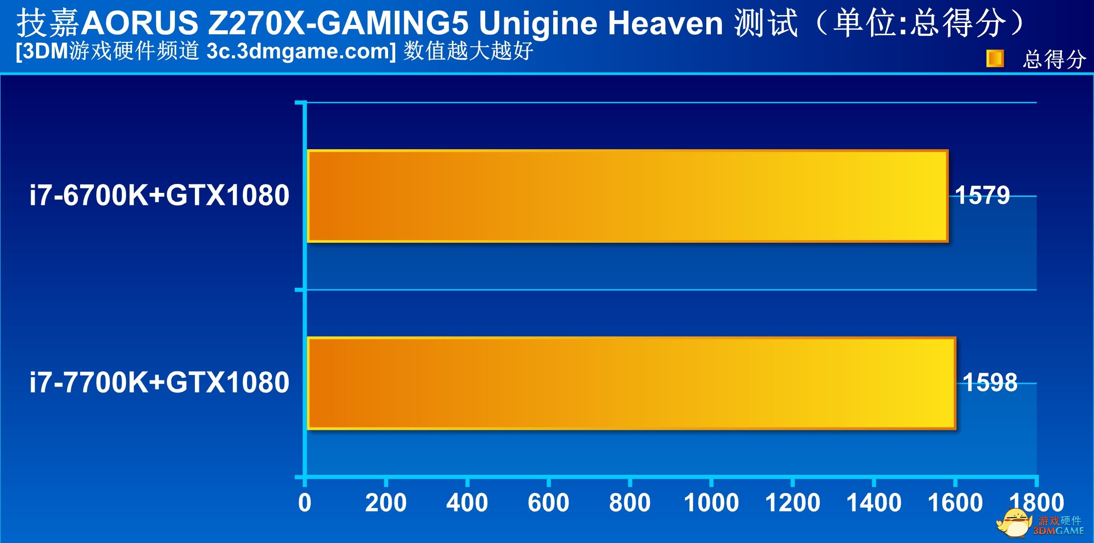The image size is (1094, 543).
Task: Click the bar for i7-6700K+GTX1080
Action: coord(628,196)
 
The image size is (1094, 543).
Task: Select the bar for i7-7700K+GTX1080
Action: coord(631,383)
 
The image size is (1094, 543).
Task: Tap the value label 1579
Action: coord(982,195)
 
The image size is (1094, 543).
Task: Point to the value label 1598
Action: coord(990,382)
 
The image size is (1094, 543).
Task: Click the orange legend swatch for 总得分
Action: coord(995,59)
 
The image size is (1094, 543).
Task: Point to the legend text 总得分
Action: coord(1053,59)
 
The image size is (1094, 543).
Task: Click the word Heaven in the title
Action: coord(665,23)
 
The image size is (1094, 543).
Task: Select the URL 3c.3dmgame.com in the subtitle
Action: coord(301,51)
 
